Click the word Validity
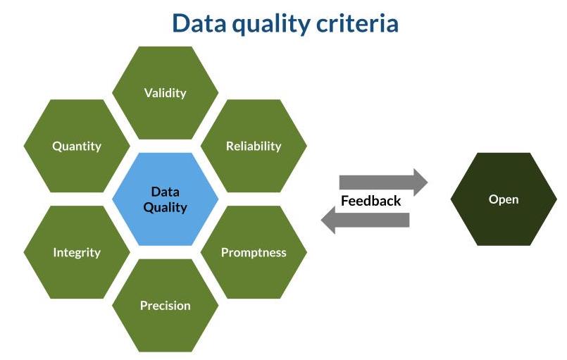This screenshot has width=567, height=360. tap(166, 93)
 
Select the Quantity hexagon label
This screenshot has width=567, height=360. tap(77, 146)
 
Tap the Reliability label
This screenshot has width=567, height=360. tap(254, 146)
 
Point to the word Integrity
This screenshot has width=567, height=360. tap(77, 252)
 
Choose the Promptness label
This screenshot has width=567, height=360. tap(254, 252)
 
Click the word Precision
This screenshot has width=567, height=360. tap(166, 305)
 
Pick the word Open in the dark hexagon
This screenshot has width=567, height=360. tap(504, 199)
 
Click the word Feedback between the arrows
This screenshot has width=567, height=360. tap(371, 201)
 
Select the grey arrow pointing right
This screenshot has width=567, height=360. tap(383, 182)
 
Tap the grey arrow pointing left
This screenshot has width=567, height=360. tap(366, 220)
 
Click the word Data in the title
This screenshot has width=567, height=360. tap(199, 23)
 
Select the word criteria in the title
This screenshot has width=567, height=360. tap(357, 23)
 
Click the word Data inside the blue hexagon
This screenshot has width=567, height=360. tap(166, 192)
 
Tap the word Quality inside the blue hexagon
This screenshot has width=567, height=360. tap(166, 208)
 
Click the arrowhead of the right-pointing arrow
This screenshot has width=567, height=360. tap(421, 182)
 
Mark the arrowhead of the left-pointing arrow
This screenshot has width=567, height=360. tap(328, 220)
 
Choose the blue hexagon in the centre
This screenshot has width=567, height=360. tap(166, 199)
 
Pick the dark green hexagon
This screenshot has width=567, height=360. tap(504, 199)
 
